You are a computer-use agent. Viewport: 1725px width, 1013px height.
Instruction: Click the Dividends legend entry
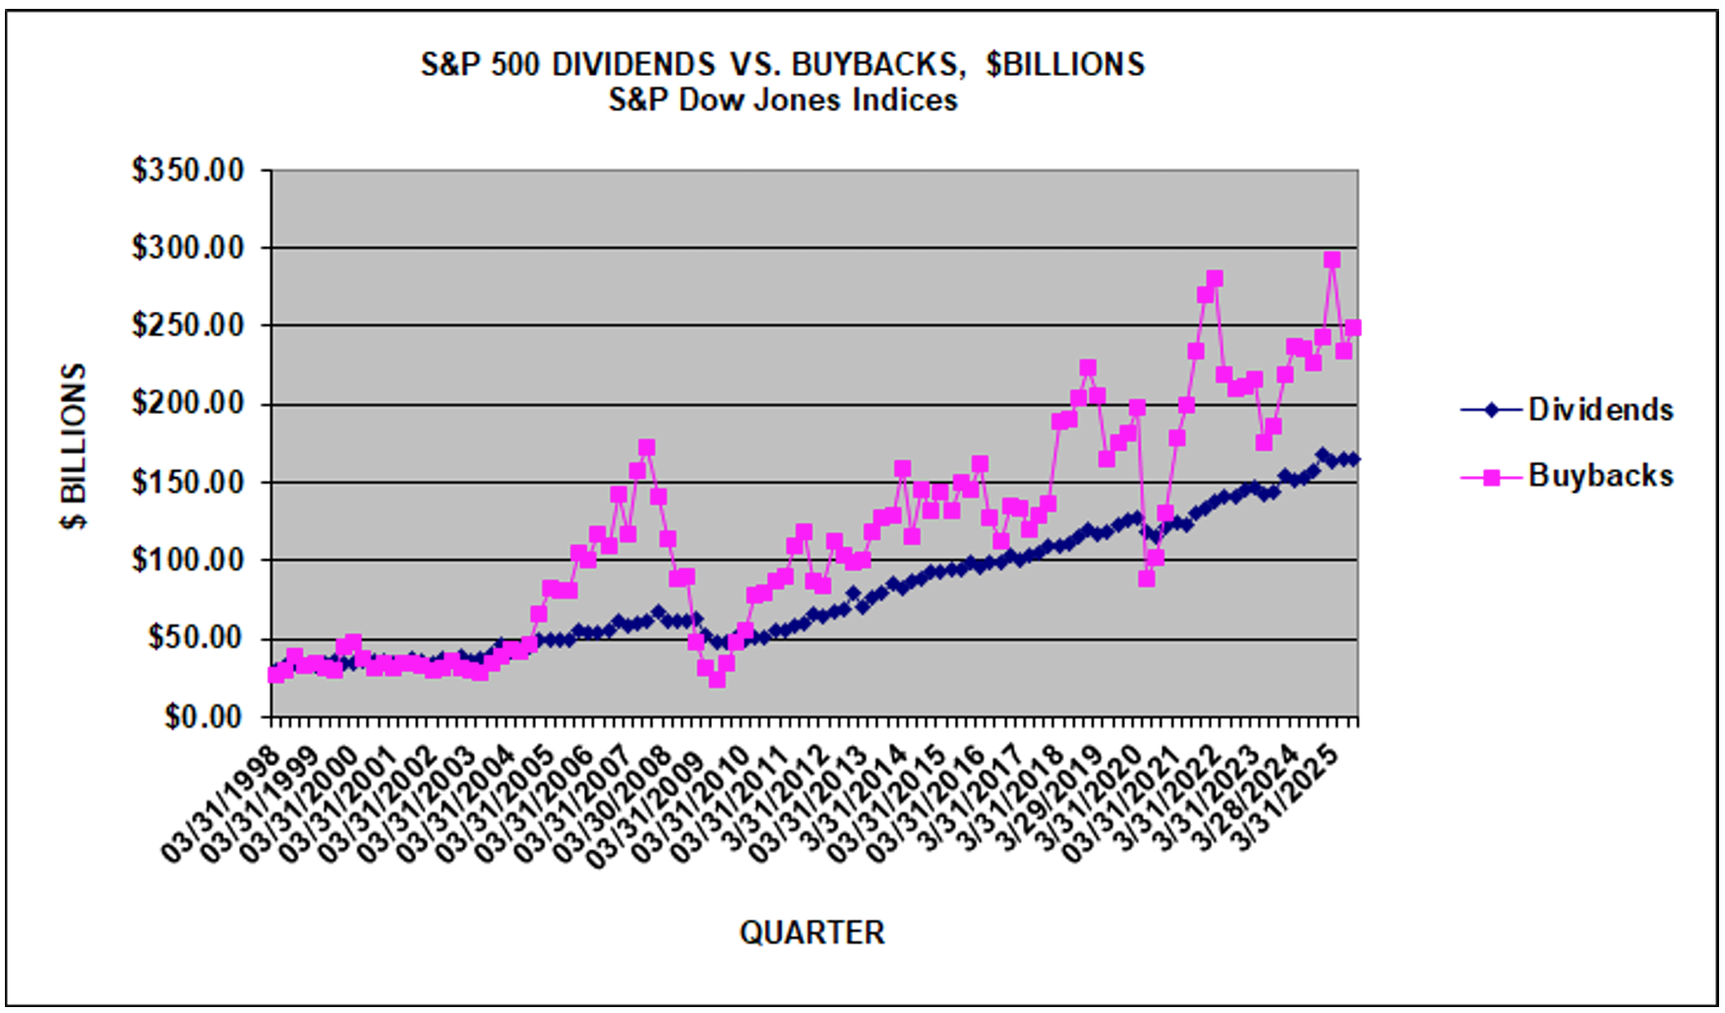coord(1599,409)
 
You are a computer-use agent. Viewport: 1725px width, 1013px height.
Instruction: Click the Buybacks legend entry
coord(1599,476)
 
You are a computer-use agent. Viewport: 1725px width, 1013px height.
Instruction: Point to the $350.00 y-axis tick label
coord(188,170)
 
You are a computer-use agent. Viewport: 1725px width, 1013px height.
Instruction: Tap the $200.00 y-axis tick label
coord(188,403)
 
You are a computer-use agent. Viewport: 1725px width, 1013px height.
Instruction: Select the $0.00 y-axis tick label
coord(203,716)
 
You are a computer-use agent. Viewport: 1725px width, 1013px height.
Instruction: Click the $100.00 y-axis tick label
coord(188,560)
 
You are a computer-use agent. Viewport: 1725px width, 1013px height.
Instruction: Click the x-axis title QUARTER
coord(811,932)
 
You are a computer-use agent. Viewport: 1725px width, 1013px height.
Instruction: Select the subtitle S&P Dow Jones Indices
coord(783,100)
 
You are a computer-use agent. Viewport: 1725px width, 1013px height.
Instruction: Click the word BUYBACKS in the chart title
coord(873,65)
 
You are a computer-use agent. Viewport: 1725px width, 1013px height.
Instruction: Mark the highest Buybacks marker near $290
coord(1332,260)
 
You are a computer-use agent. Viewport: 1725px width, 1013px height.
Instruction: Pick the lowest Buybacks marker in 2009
coord(716,680)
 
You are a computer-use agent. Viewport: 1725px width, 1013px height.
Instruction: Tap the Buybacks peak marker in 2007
coord(646,447)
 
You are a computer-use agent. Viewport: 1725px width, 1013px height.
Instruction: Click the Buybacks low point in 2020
coord(1146,578)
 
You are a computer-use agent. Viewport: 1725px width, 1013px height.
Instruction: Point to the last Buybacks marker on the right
coord(1352,328)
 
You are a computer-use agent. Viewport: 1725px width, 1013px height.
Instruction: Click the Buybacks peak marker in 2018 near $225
coord(1087,368)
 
